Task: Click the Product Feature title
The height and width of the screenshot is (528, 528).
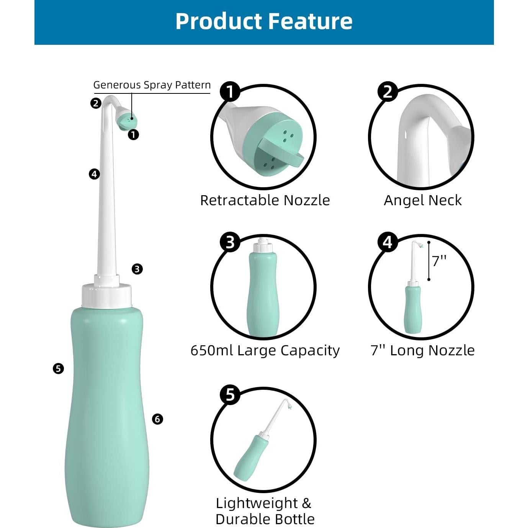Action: (264, 21)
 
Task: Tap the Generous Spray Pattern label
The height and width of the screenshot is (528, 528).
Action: (152, 85)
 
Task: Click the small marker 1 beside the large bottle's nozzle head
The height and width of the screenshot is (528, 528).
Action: (133, 135)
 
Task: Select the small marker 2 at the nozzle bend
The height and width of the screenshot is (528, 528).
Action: (96, 103)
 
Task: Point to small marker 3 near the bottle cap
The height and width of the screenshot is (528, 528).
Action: (137, 269)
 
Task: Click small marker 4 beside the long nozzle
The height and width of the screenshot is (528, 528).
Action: (94, 174)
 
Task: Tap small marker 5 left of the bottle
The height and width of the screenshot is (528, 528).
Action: (58, 369)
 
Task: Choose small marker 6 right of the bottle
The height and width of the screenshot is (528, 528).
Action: (157, 419)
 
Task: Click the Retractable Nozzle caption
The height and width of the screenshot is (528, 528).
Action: (265, 200)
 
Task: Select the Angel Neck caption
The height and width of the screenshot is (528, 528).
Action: (423, 200)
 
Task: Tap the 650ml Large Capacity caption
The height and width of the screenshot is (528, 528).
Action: (265, 350)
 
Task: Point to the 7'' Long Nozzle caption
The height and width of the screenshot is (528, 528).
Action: (422, 350)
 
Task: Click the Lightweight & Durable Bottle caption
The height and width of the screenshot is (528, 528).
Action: (265, 511)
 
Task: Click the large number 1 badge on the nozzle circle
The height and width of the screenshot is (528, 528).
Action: (230, 92)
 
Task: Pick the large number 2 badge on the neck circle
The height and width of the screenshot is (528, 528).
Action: (388, 92)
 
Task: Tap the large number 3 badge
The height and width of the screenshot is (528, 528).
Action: (230, 242)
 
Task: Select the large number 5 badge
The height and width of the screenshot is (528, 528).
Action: (230, 394)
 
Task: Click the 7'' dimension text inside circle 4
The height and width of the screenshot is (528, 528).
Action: (439, 261)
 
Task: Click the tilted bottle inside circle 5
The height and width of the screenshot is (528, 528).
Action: (253, 454)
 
